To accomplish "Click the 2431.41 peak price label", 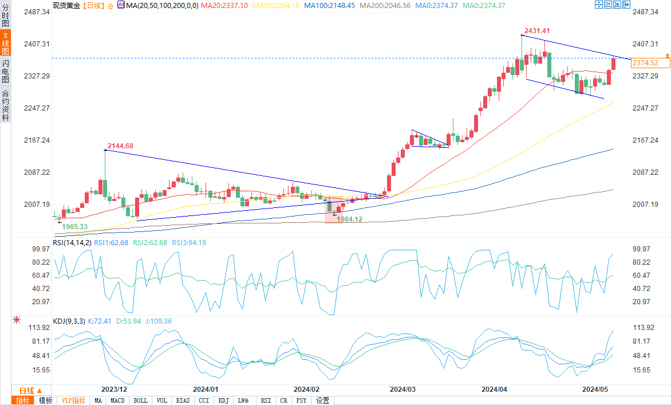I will [x=537, y=30].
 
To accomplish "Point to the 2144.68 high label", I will [x=120, y=146].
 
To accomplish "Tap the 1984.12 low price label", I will [x=350, y=219].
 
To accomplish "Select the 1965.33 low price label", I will [x=74, y=227].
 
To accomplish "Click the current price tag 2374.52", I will [x=645, y=63].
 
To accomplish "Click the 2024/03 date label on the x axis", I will [x=402, y=390].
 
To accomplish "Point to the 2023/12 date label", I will [x=113, y=390].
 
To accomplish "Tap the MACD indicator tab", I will [x=117, y=400].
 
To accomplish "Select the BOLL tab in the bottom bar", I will [x=140, y=400].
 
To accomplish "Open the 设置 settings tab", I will [x=322, y=400].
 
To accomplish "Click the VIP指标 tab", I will [x=73, y=400].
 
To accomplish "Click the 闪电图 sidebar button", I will [x=5, y=71].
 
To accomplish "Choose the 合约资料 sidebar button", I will [x=5, y=105].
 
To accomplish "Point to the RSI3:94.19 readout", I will [x=185, y=243].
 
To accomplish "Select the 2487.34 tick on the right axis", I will [x=646, y=12].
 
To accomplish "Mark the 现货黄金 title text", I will [x=66, y=5].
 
